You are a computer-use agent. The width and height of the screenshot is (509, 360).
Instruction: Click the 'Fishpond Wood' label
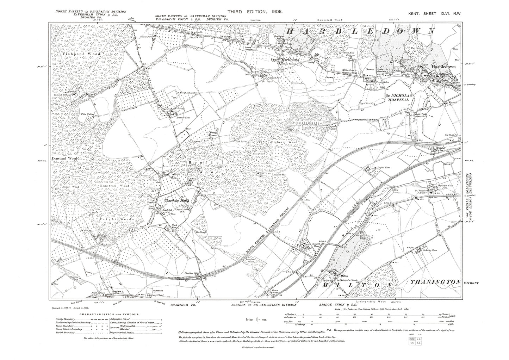point(81,54)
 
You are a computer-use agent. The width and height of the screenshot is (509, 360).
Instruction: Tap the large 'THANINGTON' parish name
point(436,282)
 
